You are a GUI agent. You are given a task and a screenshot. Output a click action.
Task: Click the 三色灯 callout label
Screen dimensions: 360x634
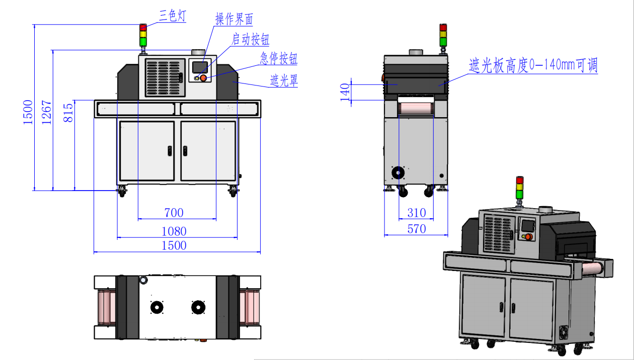click(x=173, y=16)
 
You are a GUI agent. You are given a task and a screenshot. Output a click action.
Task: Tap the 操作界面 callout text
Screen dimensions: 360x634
click(x=234, y=20)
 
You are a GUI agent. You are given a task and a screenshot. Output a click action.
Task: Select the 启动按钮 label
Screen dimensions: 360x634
click(x=250, y=39)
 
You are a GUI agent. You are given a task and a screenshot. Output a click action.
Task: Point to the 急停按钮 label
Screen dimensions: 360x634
click(x=279, y=58)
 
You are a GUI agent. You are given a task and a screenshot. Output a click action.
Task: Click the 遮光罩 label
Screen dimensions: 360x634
click(x=284, y=79)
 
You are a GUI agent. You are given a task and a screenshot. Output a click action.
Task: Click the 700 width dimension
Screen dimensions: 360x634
click(x=174, y=213)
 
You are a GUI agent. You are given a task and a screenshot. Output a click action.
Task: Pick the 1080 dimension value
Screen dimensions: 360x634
click(x=174, y=231)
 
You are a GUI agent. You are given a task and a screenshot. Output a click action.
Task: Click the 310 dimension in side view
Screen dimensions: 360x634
click(x=416, y=213)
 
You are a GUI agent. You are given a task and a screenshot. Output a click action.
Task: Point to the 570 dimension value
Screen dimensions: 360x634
click(x=416, y=229)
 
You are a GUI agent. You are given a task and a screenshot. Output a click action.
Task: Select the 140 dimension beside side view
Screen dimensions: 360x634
click(x=345, y=93)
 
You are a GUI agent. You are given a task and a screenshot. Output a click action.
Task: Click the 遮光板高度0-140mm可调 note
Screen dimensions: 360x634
click(x=533, y=65)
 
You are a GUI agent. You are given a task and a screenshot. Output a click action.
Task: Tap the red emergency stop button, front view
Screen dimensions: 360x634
click(x=203, y=78)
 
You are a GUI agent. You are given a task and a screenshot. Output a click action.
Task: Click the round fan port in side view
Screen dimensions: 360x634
click(x=399, y=173)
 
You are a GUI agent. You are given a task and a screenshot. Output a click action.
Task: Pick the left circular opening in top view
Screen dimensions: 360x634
click(x=157, y=307)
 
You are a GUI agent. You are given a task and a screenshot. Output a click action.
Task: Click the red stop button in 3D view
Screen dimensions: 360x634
click(x=528, y=237)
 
